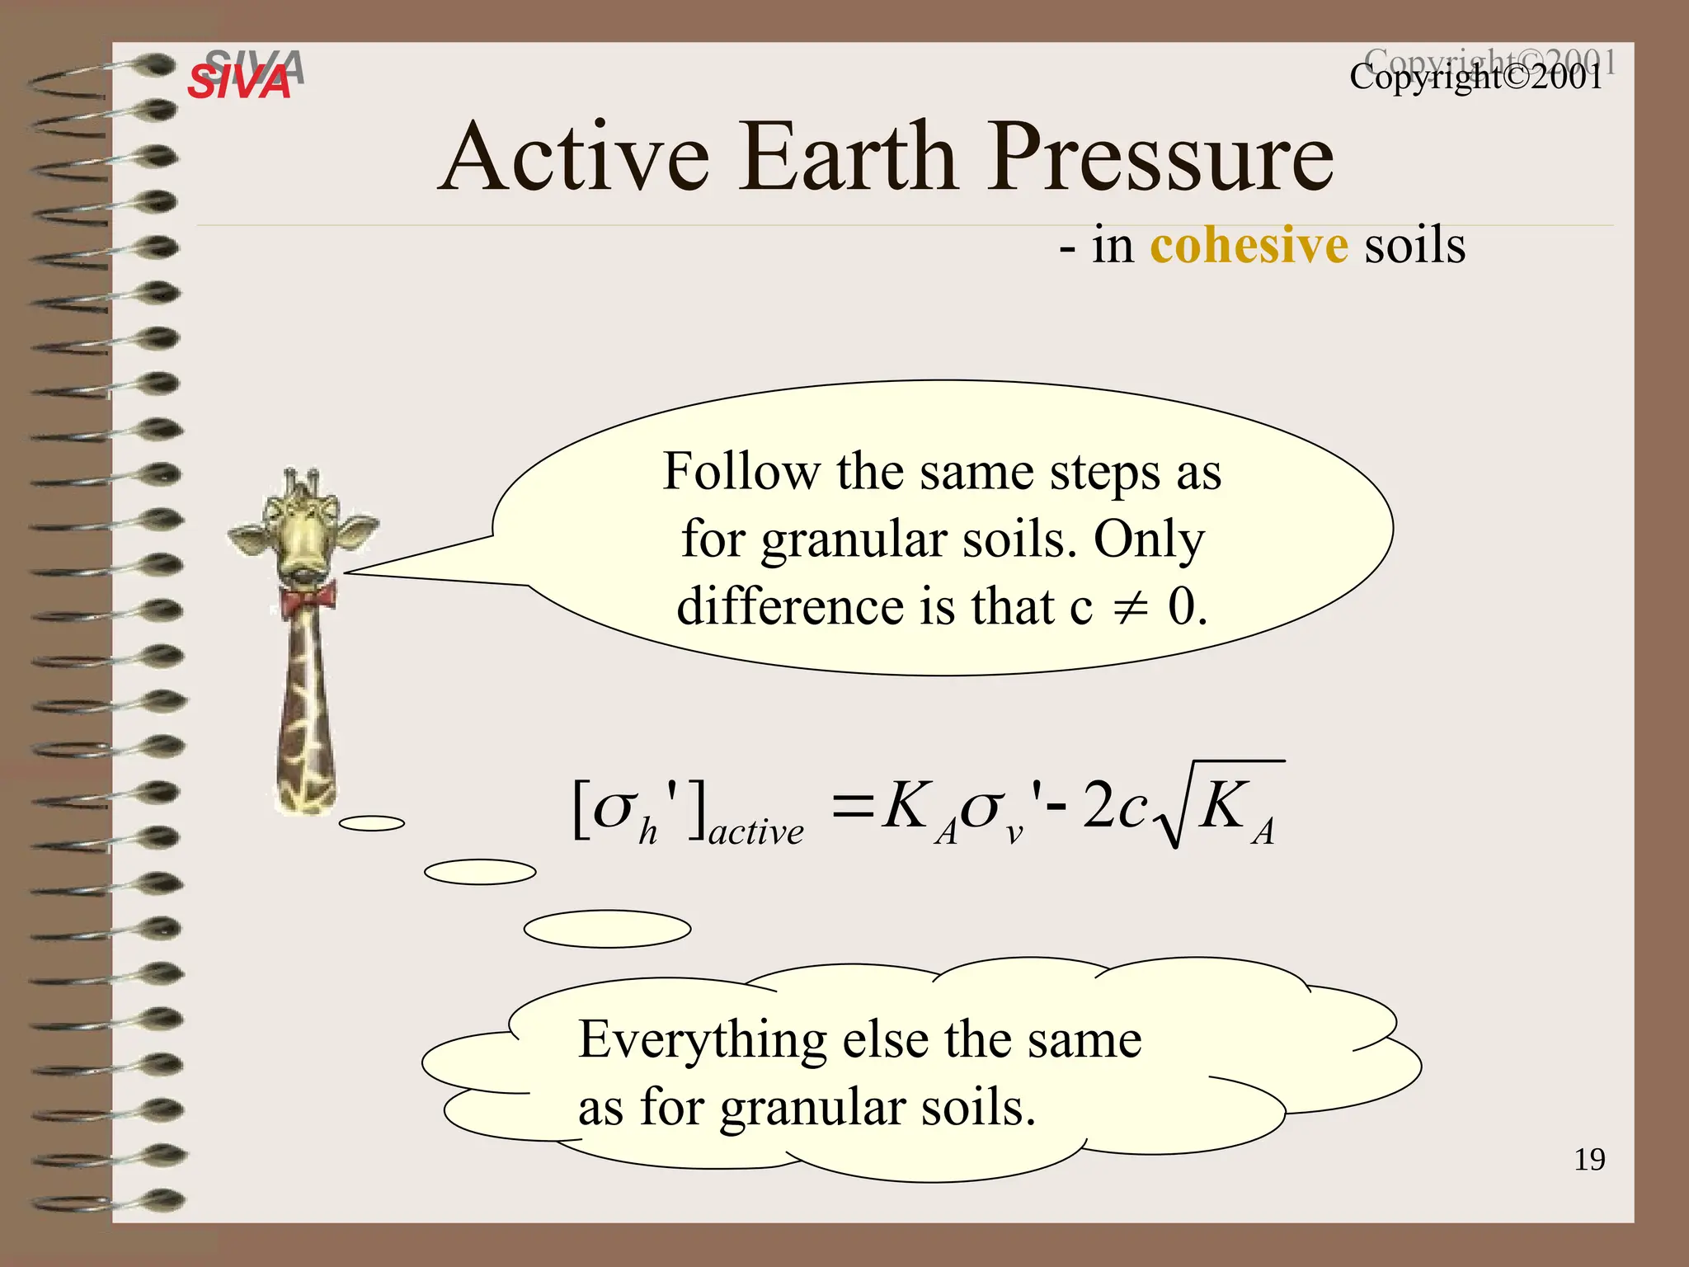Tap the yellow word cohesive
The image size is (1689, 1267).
tap(1249, 246)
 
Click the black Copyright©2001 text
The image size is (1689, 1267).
tap(1475, 78)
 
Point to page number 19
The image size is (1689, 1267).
tap(1589, 1160)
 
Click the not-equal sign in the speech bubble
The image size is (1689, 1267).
tap(1130, 609)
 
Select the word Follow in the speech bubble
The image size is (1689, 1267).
tap(741, 473)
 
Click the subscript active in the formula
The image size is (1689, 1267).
tap(755, 832)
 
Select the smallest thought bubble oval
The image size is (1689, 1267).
tap(372, 823)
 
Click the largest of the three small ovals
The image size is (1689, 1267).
tap(607, 929)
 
